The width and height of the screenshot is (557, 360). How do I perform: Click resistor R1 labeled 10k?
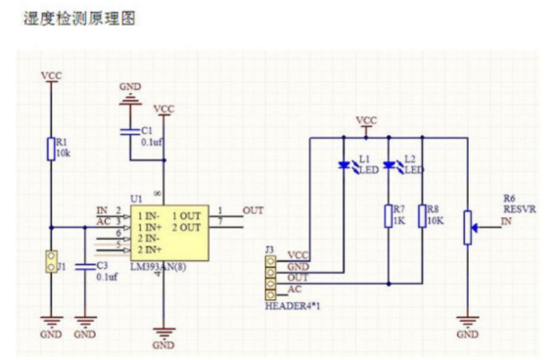(x=49, y=148)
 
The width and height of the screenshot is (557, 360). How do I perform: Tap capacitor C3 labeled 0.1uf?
(x=86, y=266)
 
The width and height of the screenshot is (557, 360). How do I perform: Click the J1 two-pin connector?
(x=50, y=261)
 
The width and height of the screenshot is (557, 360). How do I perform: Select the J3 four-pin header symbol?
(x=270, y=274)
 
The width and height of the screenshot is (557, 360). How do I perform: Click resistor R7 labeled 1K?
(x=389, y=216)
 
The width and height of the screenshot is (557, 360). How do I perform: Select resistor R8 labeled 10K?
(x=421, y=216)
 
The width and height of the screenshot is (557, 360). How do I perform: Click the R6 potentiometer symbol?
(x=468, y=230)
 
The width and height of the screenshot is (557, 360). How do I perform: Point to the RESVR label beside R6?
(x=515, y=208)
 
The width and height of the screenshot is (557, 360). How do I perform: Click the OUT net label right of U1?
(x=253, y=209)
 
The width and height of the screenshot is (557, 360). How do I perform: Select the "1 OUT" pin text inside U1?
(x=187, y=215)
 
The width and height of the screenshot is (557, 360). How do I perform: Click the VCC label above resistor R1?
(x=50, y=74)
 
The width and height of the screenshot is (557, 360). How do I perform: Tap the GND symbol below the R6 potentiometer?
(x=468, y=321)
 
